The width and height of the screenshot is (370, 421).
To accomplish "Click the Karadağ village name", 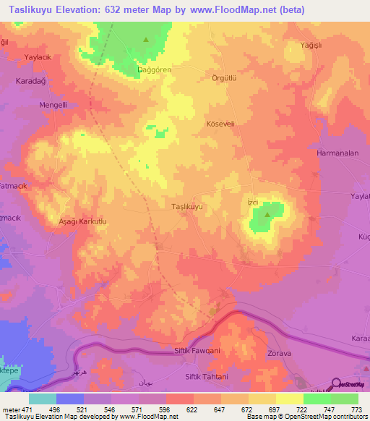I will click(30, 82).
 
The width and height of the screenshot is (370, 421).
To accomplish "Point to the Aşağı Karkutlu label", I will click(82, 222).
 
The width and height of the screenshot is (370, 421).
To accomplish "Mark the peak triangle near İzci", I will click(268, 214).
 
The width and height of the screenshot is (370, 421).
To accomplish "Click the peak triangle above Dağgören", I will click(146, 39).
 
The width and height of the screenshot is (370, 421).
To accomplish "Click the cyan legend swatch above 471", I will click(43, 399).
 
